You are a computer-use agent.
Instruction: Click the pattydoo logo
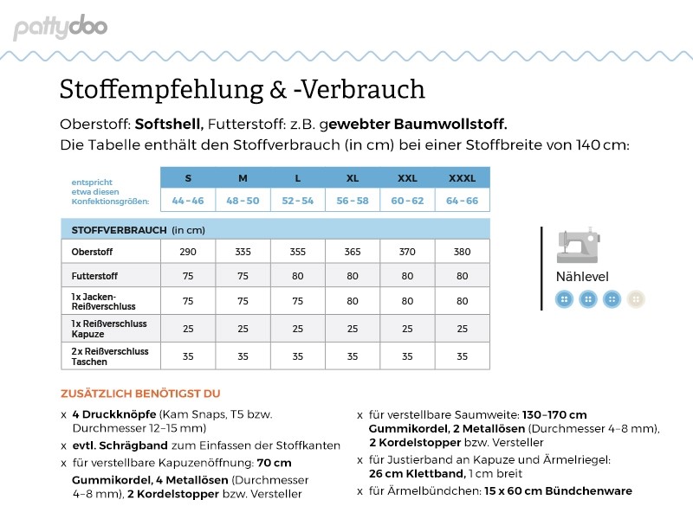[x=60, y=28]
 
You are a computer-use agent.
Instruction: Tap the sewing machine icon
[x=578, y=248]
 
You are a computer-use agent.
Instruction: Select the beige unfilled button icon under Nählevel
[x=636, y=299]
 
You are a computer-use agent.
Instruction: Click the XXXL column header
[x=462, y=178]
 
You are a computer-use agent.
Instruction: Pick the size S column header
[x=188, y=178]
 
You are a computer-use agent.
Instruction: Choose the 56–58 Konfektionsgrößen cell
[x=353, y=201]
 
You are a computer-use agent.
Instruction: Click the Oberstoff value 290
[x=188, y=252]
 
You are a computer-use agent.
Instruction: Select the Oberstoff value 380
[x=462, y=252]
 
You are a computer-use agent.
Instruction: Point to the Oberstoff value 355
[x=298, y=252]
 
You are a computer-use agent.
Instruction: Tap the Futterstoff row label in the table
[x=94, y=276]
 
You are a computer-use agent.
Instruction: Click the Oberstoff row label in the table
[x=92, y=252]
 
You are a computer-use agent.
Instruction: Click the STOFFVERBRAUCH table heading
[x=119, y=230]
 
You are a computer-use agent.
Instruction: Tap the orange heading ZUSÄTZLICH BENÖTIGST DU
[x=140, y=393]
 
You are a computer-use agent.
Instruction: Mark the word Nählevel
[x=582, y=278]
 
